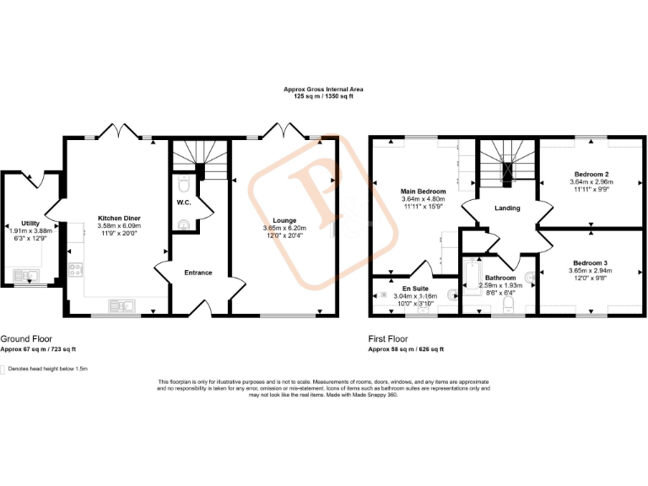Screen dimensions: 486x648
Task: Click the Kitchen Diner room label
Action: tap(119, 219)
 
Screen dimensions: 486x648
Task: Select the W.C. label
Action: tap(183, 202)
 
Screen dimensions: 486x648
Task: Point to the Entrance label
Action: tap(198, 273)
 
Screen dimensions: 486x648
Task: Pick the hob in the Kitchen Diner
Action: tap(75, 270)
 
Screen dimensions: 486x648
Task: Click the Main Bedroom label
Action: tap(423, 192)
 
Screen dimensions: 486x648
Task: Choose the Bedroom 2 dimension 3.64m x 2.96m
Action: tap(590, 181)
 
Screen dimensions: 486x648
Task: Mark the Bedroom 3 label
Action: tap(590, 262)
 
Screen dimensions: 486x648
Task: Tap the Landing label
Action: tap(507, 208)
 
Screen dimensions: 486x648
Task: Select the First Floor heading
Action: tap(388, 338)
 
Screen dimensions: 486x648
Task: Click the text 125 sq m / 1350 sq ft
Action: tap(323, 96)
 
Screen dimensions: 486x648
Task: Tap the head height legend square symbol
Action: tap(3, 369)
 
